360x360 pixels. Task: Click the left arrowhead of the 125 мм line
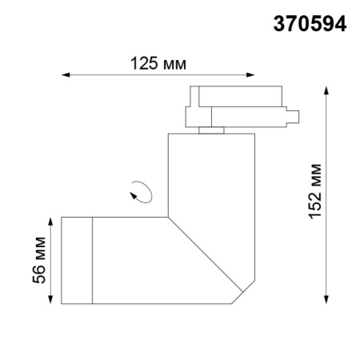(66, 77)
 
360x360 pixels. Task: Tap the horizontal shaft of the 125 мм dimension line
(160, 77)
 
